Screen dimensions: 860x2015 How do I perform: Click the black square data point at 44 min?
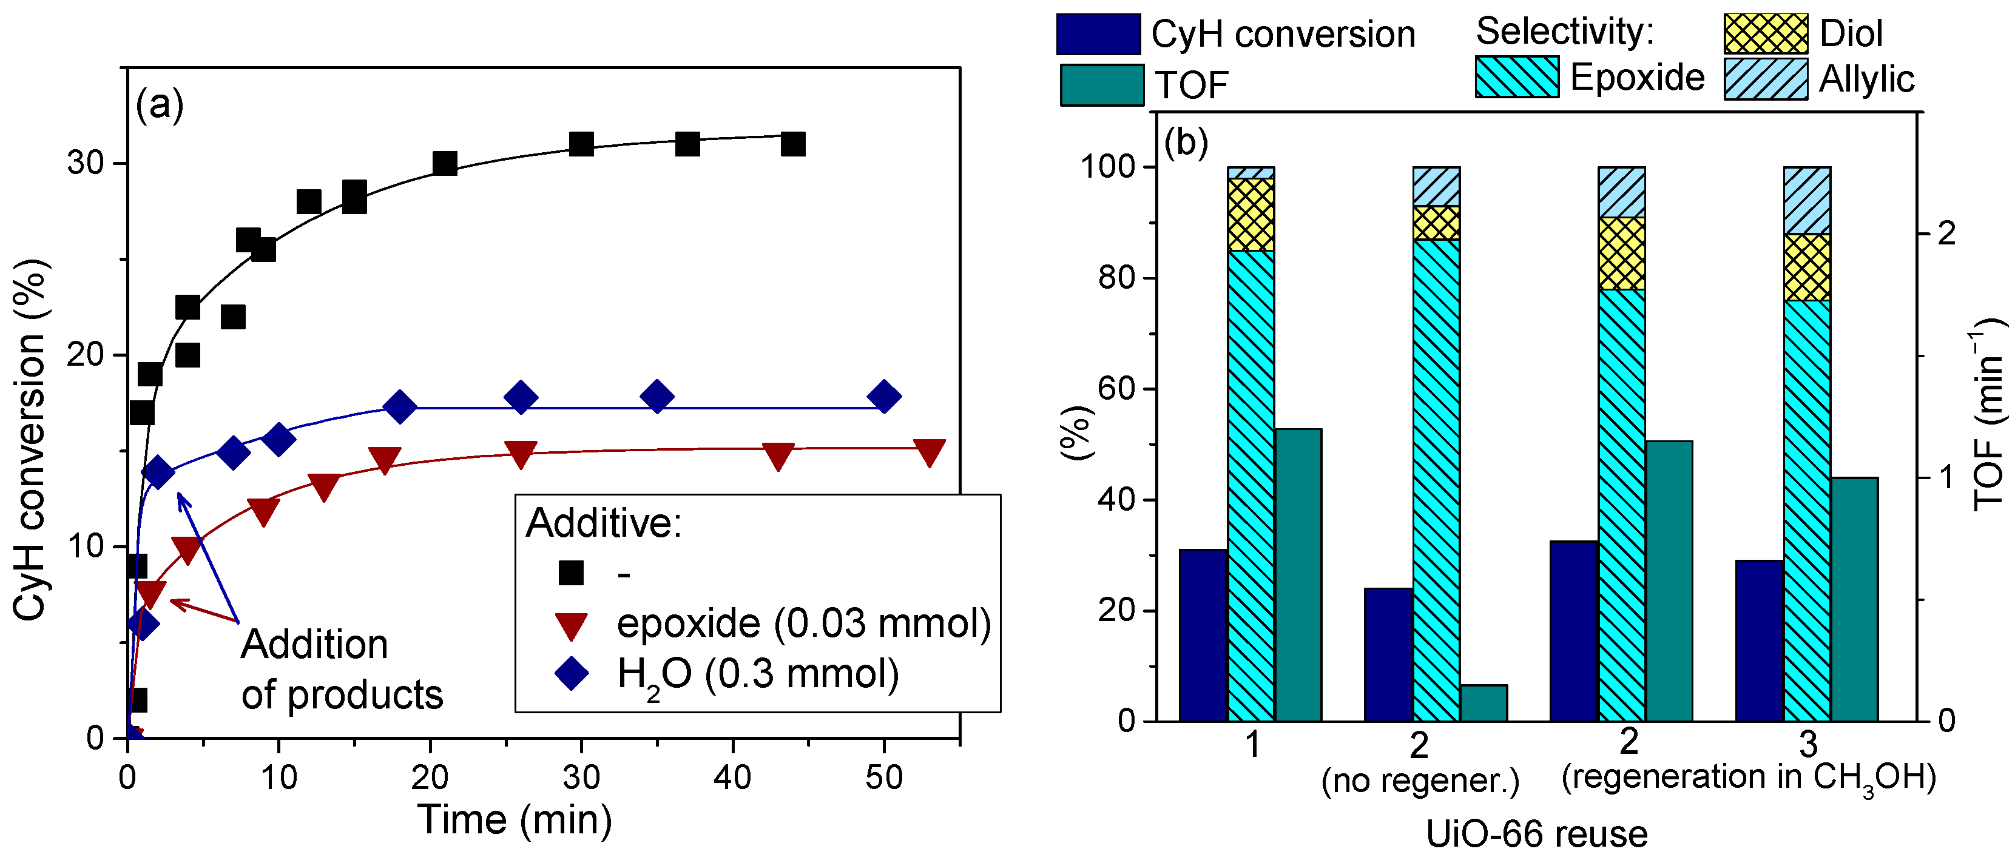[x=792, y=144]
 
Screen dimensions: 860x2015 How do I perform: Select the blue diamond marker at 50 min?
[x=884, y=397]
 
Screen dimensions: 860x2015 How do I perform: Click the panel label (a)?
[x=160, y=104]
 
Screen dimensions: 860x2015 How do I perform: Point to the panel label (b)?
[x=1186, y=143]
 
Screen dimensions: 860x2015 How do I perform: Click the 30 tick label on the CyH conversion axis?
[x=86, y=163]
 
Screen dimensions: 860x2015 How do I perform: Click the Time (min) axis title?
[x=514, y=820]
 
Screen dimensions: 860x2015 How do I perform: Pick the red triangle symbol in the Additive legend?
[x=571, y=625]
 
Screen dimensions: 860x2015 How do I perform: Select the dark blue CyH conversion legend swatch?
[x=1098, y=33]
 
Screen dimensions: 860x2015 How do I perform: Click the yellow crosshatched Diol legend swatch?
[x=1766, y=33]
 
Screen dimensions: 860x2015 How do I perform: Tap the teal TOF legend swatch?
[x=1101, y=84]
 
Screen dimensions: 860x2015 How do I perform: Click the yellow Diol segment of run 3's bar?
[x=1806, y=267]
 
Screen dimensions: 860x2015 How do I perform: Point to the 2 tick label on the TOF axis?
[x=1947, y=233]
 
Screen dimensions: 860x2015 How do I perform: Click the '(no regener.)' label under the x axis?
[x=1420, y=781]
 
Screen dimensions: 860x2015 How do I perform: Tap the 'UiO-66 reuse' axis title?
[x=1536, y=833]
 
